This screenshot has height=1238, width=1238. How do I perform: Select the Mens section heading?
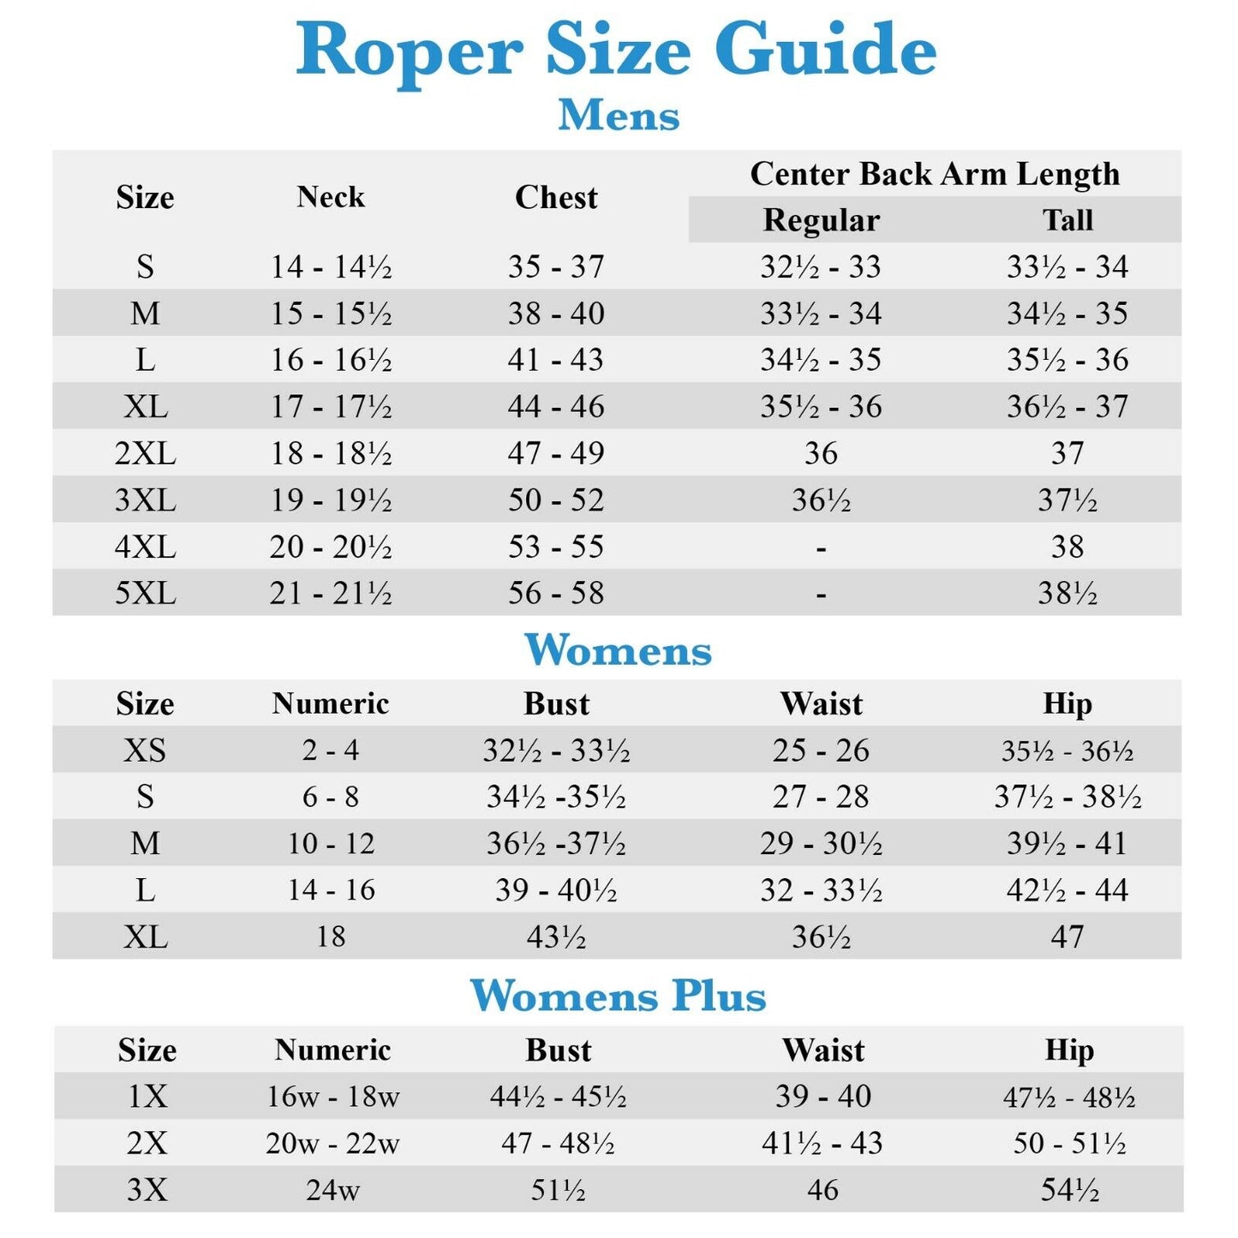(x=619, y=116)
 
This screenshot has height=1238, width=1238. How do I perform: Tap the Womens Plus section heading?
(x=618, y=996)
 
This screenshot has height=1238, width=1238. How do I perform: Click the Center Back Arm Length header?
(x=935, y=174)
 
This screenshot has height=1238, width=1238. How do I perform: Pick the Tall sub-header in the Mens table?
(x=1068, y=220)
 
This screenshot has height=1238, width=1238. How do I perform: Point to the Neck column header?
(x=331, y=197)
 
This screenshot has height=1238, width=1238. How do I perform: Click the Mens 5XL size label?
(x=146, y=593)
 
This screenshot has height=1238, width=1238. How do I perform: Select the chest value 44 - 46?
(x=556, y=406)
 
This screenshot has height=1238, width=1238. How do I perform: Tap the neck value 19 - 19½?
(x=331, y=499)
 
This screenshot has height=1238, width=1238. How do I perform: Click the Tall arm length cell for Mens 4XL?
(x=1068, y=547)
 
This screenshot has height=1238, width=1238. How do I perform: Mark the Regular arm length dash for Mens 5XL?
(x=821, y=593)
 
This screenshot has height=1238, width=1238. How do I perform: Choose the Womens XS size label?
(x=145, y=751)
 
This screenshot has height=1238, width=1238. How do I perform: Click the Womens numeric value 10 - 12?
(x=331, y=844)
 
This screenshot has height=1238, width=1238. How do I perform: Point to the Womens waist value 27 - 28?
(x=821, y=797)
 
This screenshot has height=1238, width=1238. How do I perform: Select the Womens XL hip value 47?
(x=1068, y=936)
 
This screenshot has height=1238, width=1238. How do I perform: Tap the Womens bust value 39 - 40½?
(x=556, y=890)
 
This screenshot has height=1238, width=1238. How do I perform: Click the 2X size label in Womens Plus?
(x=147, y=1143)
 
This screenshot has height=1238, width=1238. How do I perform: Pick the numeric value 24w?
(x=332, y=1190)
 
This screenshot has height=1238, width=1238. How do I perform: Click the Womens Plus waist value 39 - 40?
(x=822, y=1097)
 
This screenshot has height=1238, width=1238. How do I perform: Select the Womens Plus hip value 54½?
(x=1069, y=1190)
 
